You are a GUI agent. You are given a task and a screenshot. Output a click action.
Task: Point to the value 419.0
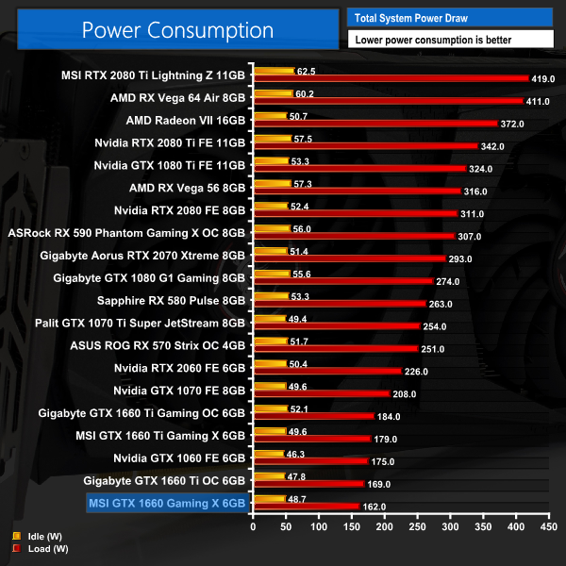click(545, 79)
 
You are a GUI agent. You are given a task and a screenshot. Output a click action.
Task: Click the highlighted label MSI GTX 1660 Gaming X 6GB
click(167, 503)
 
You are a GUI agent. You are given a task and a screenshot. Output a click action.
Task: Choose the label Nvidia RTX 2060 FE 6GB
click(179, 368)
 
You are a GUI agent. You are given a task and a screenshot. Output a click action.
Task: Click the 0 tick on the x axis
click(253, 527)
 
